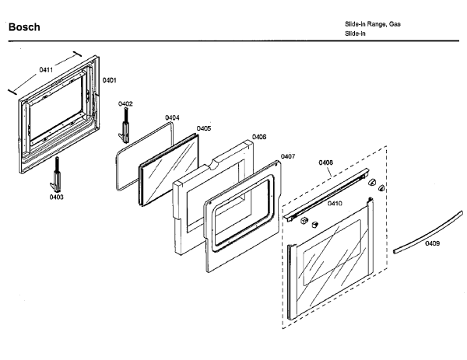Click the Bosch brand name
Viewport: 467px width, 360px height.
[x=23, y=28]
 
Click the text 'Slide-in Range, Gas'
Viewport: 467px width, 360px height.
[x=373, y=25]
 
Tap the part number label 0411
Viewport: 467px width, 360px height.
[x=46, y=70]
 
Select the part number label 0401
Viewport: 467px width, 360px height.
[x=110, y=80]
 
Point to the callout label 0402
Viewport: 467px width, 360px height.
[x=125, y=103]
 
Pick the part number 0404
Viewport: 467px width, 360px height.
[x=172, y=117]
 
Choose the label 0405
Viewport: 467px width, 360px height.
[x=203, y=128]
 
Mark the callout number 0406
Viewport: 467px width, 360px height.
[x=259, y=136]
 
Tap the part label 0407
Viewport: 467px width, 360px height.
[x=287, y=156]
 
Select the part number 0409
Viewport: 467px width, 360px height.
[x=432, y=243]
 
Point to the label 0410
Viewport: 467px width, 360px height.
[x=335, y=203]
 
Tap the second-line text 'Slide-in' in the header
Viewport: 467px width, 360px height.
[x=356, y=33]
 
